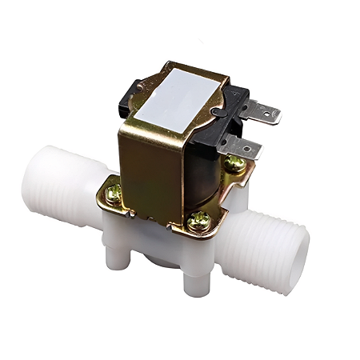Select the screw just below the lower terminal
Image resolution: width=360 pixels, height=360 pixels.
(235, 164)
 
